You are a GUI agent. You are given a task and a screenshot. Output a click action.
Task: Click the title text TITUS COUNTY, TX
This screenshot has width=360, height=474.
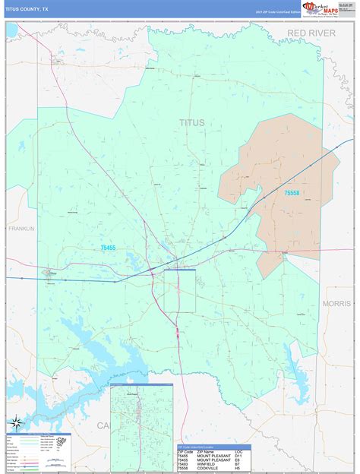point(27,10)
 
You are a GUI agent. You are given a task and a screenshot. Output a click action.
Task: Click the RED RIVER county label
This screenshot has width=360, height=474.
point(311,33)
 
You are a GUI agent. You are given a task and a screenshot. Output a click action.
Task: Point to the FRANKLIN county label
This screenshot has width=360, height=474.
point(21,228)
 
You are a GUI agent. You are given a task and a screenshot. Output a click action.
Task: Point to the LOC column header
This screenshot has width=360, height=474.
point(240,451)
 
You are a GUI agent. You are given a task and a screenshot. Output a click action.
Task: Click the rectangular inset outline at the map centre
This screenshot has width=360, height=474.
point(180,290)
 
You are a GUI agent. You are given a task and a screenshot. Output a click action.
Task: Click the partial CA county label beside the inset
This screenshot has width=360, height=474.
point(103,425)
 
